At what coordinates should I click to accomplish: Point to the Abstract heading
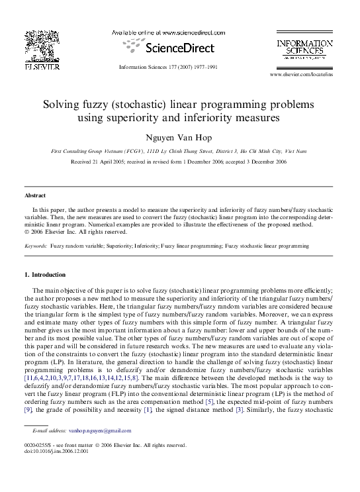[35, 195]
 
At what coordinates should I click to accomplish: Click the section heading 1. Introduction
[45, 274]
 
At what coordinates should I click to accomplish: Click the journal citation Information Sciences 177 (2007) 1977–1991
[168, 67]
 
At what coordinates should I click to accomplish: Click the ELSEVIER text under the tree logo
[42, 66]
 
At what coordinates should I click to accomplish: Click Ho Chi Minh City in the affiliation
[261, 152]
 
